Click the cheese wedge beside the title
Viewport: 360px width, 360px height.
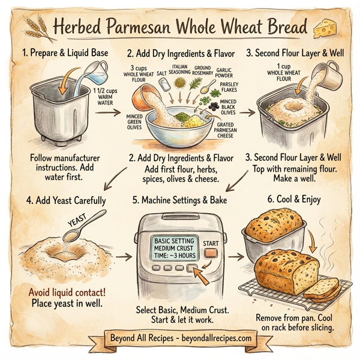(328, 26)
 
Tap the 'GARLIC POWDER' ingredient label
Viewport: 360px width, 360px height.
(223, 72)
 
